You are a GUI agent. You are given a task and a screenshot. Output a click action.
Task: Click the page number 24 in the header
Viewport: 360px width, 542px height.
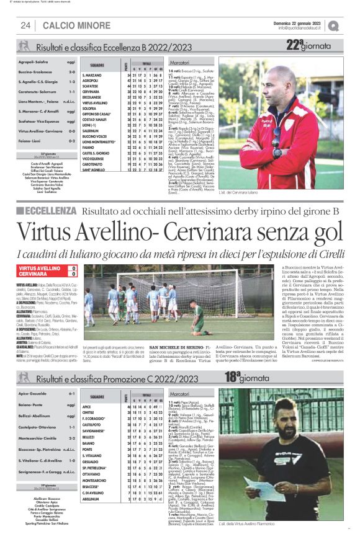pyautogui.click(x=26, y=25)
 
